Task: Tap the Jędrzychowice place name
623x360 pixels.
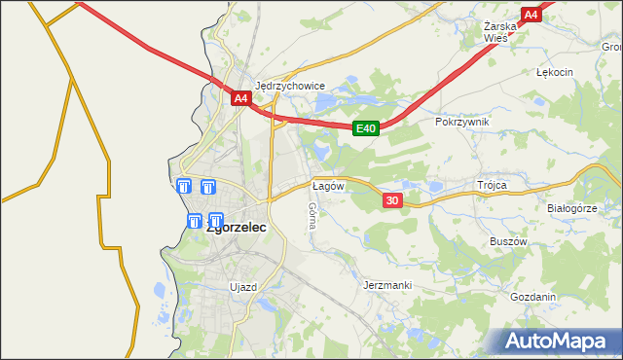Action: (289, 85)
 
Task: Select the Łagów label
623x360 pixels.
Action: (327, 185)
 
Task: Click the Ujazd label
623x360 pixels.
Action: (242, 287)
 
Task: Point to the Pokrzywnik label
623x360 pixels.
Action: (462, 122)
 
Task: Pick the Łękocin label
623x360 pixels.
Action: (555, 72)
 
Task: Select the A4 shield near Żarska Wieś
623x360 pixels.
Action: (531, 15)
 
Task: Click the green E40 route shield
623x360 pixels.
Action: (365, 128)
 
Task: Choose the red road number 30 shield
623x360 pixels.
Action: (392, 200)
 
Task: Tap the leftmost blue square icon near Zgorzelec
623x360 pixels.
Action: (184, 187)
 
